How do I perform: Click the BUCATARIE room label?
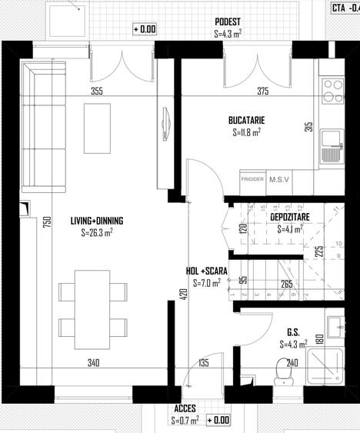[x=246, y=121]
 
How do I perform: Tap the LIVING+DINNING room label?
[x=97, y=221]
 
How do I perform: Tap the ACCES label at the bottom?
[x=185, y=410]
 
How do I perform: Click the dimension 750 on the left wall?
[x=25, y=223]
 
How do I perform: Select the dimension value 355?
[x=118, y=92]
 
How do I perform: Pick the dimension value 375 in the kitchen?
[x=262, y=92]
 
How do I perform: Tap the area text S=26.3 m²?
[x=97, y=231]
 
